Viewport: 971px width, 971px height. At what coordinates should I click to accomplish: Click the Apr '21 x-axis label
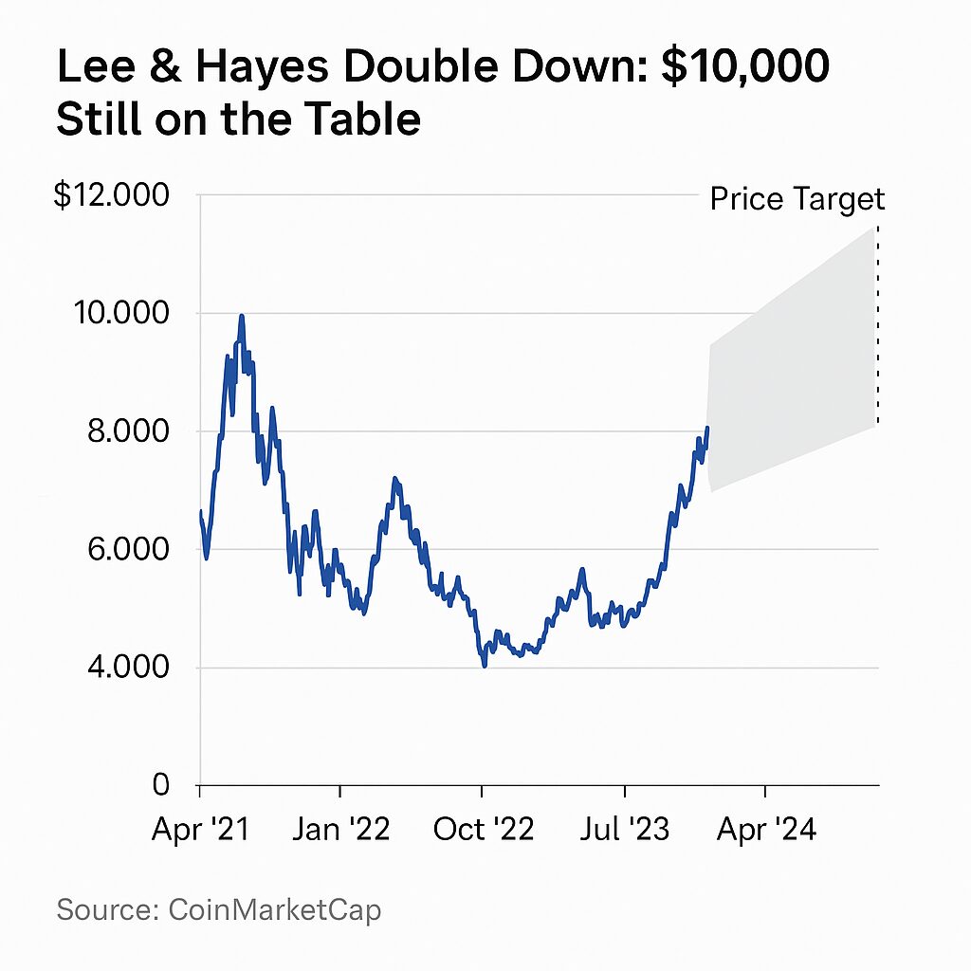coord(200,830)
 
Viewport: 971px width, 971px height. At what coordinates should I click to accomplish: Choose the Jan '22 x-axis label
coord(340,830)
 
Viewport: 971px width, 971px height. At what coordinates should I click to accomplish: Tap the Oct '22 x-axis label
coord(483,830)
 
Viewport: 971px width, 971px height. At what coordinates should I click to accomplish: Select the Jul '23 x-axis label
coord(624,830)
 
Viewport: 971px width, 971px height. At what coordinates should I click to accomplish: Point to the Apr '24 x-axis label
coord(765,830)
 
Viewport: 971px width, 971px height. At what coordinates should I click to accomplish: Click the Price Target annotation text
coord(797,199)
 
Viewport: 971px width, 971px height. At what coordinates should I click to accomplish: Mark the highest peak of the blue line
coord(242,316)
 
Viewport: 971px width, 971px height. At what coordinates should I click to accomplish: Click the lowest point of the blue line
coord(485,666)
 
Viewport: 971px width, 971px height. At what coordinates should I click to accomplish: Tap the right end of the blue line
coord(707,428)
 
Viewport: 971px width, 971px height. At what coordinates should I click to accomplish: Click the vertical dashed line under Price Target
coord(877,322)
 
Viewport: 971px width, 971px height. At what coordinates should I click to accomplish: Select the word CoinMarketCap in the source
coord(274,910)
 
